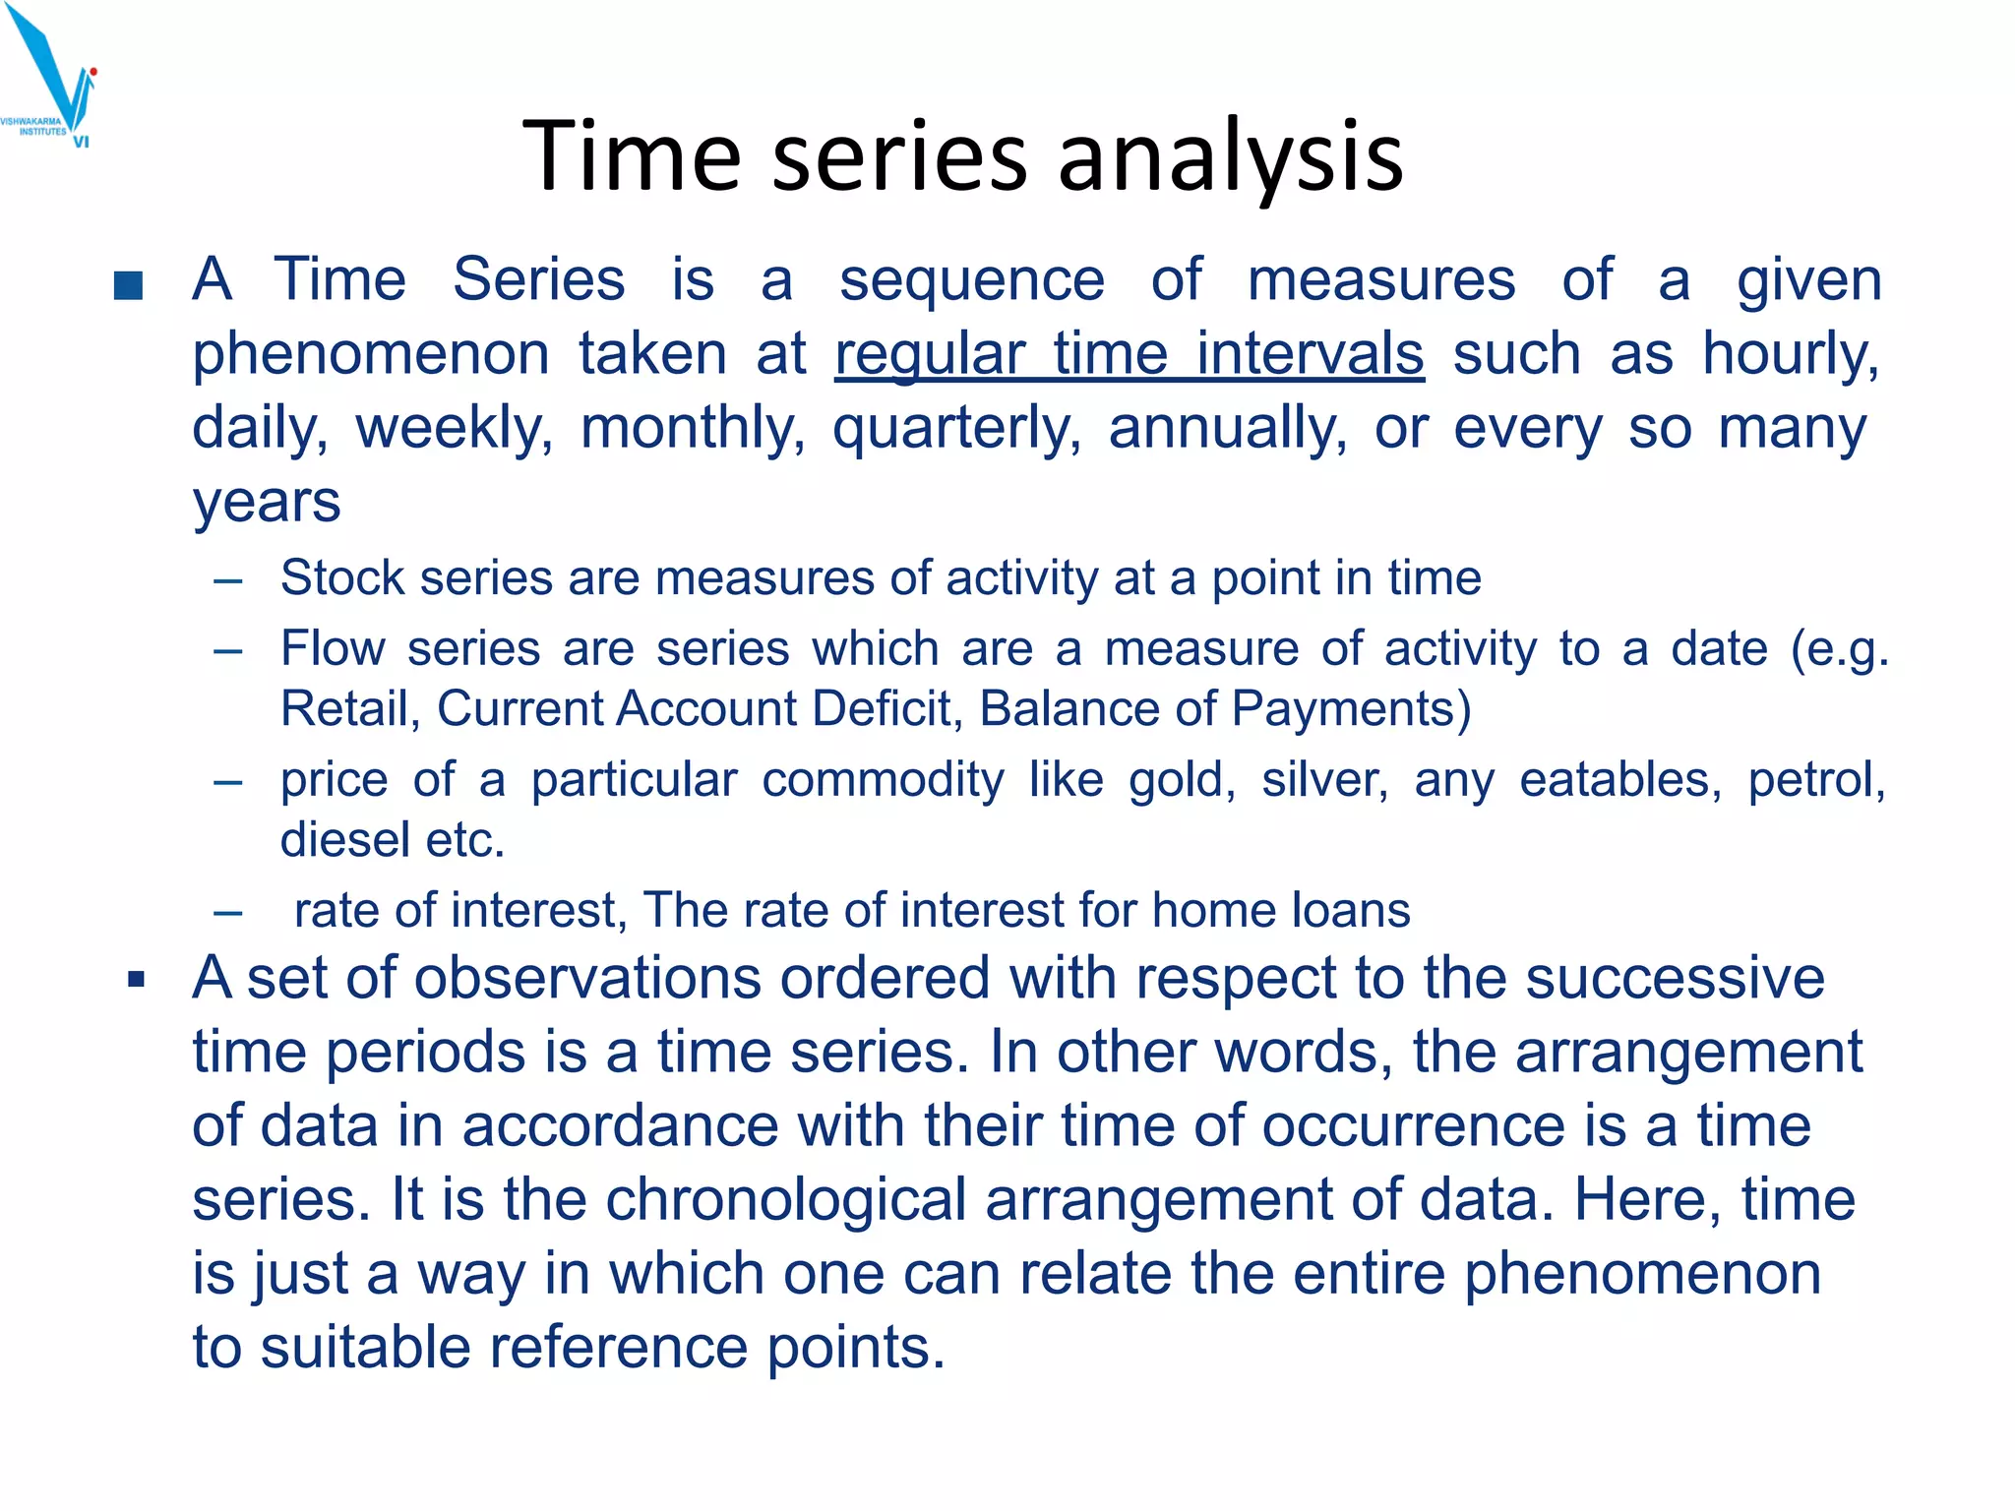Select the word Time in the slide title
pyautogui.click(x=631, y=156)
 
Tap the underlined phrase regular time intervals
pyautogui.click(x=1129, y=354)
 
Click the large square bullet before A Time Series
pyautogui.click(x=129, y=285)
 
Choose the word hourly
pyautogui.click(x=1791, y=354)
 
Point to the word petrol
pyautogui.click(x=1816, y=780)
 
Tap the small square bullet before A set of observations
pyautogui.click(x=137, y=980)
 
